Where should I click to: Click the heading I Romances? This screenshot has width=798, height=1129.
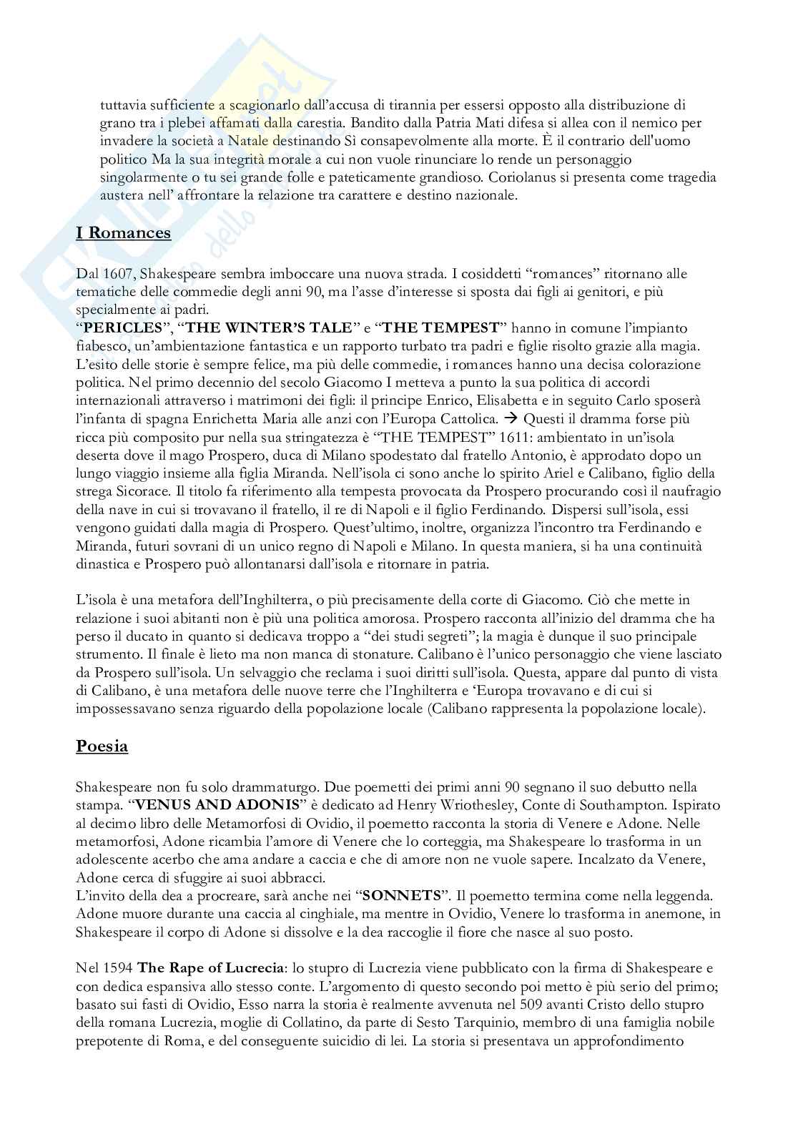(124, 233)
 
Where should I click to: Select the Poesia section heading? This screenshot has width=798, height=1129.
(102, 746)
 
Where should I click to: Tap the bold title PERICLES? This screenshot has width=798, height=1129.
(124, 328)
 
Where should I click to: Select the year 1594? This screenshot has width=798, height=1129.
(119, 968)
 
